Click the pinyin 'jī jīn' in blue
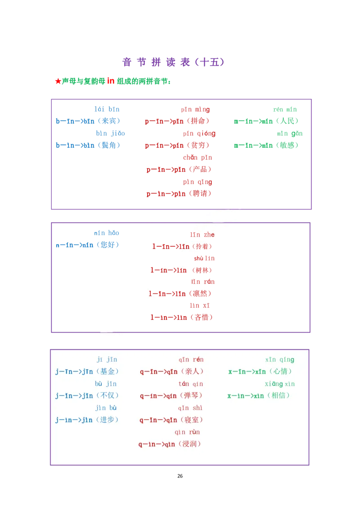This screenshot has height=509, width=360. coord(107,359)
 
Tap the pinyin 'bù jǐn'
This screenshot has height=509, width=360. coord(106,384)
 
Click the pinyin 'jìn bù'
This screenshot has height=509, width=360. coord(106,408)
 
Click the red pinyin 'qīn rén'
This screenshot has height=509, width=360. coord(191,359)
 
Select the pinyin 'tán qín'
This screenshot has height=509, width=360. coord(191,384)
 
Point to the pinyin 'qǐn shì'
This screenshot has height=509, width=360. coord(190,408)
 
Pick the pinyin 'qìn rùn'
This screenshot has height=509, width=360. coord(187,432)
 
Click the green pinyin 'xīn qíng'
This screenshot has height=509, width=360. coord(279,359)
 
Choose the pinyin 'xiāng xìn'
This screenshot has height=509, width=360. coord(279,384)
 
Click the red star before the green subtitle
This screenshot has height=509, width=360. coord(57,82)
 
